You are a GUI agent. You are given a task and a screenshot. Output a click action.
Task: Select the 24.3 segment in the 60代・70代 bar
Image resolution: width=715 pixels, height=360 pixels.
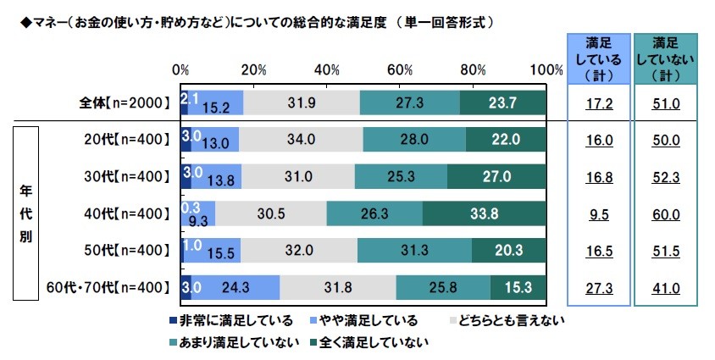[235, 288]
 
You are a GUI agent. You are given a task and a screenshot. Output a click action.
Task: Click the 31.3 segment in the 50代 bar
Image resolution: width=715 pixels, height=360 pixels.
[413, 251]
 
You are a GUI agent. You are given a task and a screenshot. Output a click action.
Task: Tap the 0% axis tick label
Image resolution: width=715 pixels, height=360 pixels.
[180, 69]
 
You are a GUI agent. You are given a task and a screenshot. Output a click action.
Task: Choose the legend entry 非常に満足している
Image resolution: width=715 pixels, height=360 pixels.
[230, 320]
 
